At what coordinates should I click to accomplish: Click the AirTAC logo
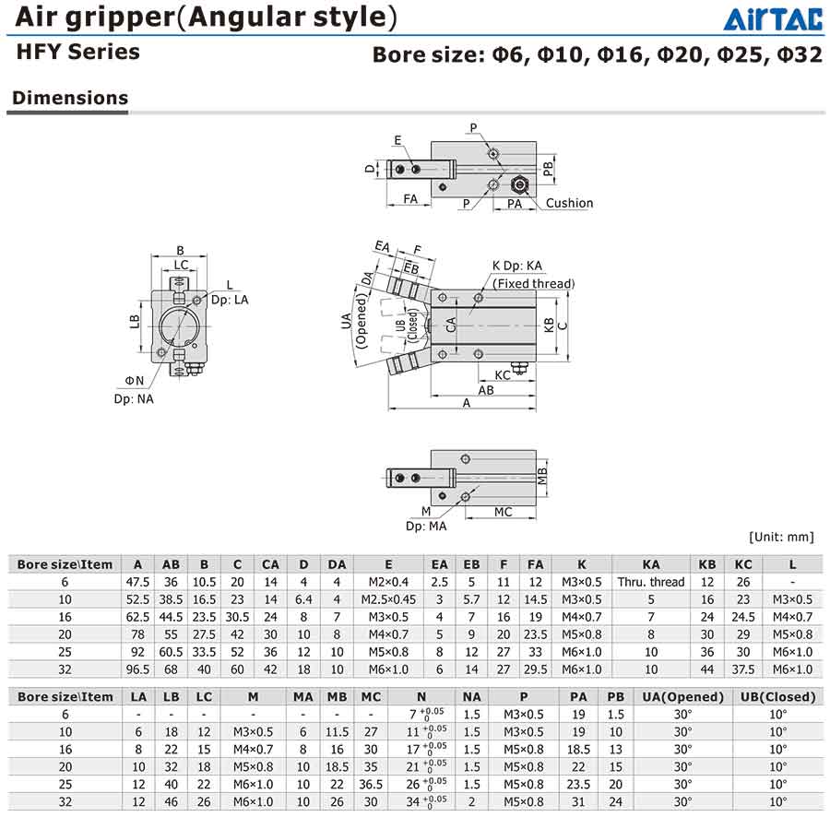pos(773,19)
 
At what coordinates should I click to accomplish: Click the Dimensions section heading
pos(70,98)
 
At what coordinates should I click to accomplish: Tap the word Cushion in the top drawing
pos(569,203)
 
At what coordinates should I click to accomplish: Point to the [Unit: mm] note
pos(781,537)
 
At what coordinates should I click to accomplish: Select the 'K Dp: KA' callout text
pos(516,266)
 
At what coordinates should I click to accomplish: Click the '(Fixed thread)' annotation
pos(533,284)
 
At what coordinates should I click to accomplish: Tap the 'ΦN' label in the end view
pos(134,381)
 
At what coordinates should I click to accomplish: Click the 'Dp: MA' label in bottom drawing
pos(425,526)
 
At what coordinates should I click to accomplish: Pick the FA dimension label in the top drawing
pos(410,199)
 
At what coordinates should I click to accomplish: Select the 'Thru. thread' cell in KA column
pos(650,582)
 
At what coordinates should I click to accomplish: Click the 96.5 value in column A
pos(137,669)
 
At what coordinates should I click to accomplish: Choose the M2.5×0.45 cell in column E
pos(388,599)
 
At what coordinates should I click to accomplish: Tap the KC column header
pos(743,564)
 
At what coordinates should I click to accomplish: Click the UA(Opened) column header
pos(682,697)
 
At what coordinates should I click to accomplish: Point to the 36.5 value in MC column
pos(371,784)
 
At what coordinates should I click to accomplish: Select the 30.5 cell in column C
pos(237,617)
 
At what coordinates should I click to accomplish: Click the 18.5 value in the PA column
pos(578,750)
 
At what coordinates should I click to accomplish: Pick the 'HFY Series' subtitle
pos(77,52)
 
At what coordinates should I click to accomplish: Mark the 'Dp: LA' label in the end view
pos(230,300)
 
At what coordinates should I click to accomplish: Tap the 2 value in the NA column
pos(471,801)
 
